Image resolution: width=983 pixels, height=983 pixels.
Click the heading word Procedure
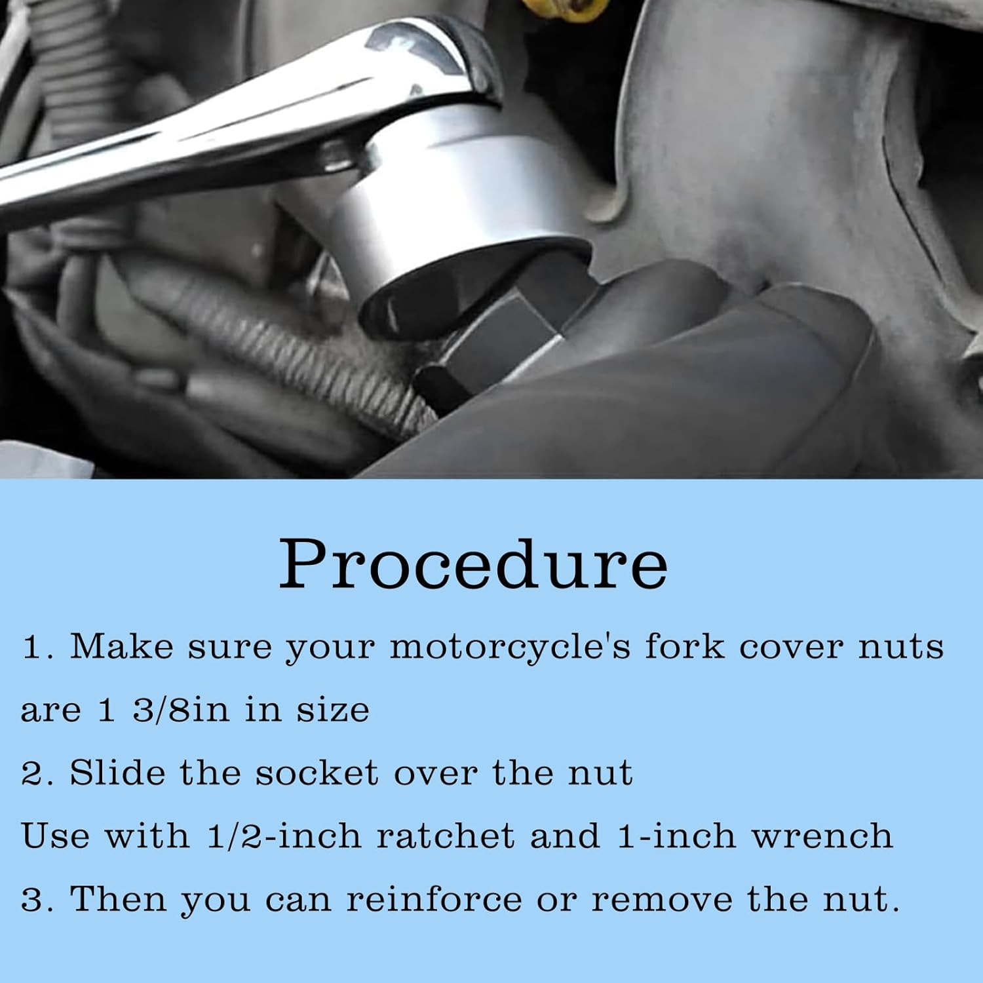[x=473, y=565]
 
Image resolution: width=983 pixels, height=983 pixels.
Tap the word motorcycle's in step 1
[x=510, y=648]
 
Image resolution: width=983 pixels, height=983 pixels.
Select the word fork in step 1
[x=684, y=647]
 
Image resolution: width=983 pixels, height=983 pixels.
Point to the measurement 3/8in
[x=181, y=710]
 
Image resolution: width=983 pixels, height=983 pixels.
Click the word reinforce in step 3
[x=433, y=899]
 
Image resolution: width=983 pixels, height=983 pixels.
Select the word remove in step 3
[x=661, y=899]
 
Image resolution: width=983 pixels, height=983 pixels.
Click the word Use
[x=55, y=836]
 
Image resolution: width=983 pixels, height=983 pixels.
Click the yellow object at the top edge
[x=557, y=8]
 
